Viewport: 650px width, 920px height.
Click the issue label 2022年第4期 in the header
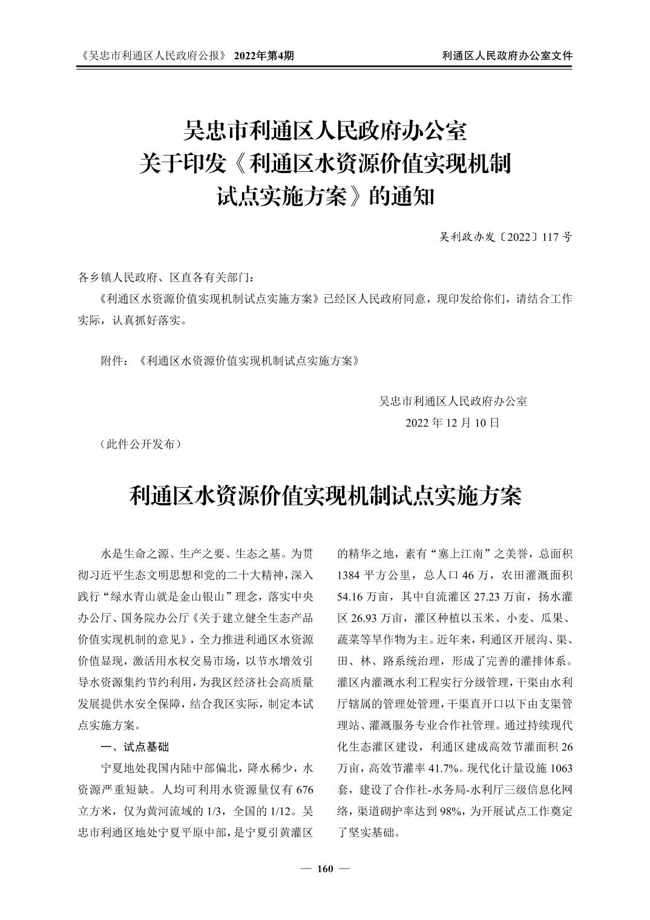(264, 56)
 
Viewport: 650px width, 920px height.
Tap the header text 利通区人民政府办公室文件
(507, 56)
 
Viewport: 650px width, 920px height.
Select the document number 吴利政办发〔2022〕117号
(505, 237)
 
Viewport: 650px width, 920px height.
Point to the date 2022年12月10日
(453, 422)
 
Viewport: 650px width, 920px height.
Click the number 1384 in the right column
(349, 574)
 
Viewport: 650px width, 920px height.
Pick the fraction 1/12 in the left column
(281, 810)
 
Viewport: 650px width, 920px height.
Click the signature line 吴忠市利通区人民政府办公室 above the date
(453, 401)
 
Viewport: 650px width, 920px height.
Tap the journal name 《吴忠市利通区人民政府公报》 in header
(153, 56)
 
